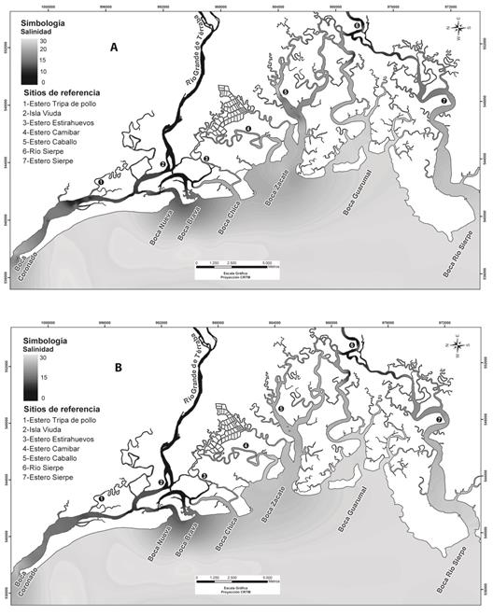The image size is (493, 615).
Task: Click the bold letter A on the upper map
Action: (114, 47)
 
